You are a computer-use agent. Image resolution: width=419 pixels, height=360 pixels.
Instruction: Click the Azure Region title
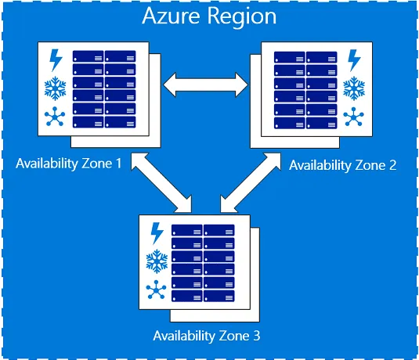(209, 16)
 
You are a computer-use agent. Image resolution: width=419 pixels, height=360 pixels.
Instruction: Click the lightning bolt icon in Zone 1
(56, 59)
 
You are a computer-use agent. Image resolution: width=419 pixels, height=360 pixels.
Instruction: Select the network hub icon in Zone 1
(55, 118)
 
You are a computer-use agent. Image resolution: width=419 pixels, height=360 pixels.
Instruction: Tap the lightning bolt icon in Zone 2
(354, 59)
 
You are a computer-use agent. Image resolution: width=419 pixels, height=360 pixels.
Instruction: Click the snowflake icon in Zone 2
(354, 88)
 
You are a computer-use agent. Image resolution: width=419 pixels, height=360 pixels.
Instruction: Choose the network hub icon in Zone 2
(354, 117)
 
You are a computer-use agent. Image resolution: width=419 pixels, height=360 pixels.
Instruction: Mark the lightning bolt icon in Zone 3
(156, 233)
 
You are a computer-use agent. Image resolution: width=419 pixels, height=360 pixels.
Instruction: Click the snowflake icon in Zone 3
(156, 261)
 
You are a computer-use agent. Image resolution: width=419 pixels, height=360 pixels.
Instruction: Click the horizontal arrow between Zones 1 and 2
(204, 81)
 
